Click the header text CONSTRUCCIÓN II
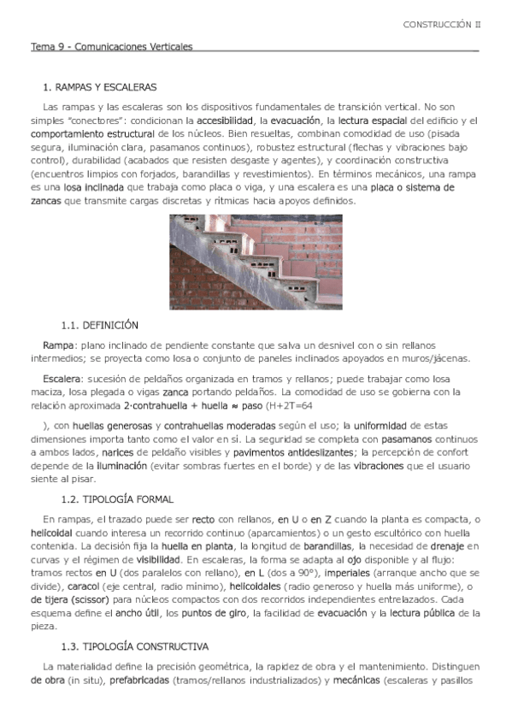click(442, 25)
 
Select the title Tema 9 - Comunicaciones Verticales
click(112, 47)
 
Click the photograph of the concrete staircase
click(256, 262)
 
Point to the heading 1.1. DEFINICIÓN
click(100, 326)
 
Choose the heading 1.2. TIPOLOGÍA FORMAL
click(118, 499)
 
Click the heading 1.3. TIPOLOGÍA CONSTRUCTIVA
click(135, 646)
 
